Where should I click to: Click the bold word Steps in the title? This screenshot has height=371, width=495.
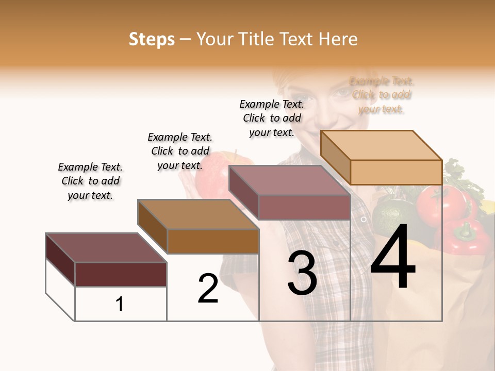[152, 39]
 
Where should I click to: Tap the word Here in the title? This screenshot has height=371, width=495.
[338, 39]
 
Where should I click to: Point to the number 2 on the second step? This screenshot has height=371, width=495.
[208, 289]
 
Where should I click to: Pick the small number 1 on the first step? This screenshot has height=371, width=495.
[120, 305]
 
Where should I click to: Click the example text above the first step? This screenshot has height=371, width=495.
[90, 181]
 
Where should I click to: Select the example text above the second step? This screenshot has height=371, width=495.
[180, 151]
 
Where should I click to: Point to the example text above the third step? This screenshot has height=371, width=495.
[272, 118]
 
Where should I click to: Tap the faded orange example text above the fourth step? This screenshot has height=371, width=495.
[382, 95]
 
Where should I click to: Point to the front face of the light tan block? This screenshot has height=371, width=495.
[396, 172]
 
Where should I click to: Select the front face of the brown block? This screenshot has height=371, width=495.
[213, 241]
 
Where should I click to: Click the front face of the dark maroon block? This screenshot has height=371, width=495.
[121, 274]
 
